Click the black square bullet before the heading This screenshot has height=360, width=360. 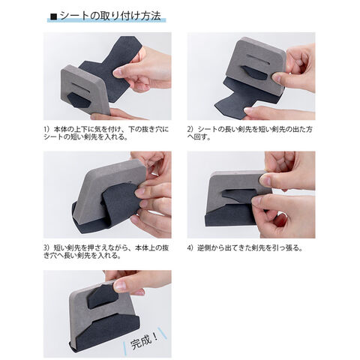pos(53,16)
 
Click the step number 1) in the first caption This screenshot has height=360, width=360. pos(46,130)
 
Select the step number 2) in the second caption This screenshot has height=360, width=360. pos(190,130)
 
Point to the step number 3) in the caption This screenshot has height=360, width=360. pos(46,248)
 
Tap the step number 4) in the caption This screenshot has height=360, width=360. pos(190,248)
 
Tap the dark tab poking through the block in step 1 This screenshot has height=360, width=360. pos(78,100)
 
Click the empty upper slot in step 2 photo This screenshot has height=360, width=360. pos(257,60)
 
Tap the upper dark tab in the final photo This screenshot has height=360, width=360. pos(103,297)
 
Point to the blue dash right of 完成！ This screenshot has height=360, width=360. pos(163,333)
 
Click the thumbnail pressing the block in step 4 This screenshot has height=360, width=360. pos(265,179)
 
